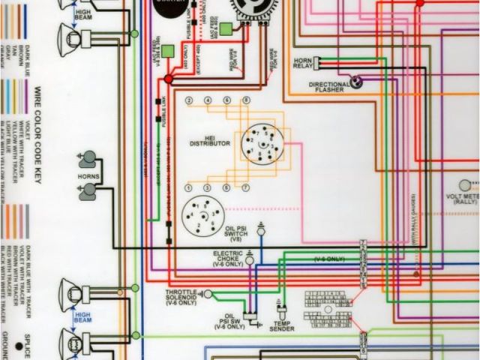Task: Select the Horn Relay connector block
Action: click(318, 63)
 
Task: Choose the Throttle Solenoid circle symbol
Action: click(208, 295)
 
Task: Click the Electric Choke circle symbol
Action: click(250, 259)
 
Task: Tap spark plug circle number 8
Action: click(245, 100)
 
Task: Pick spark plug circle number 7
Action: click(245, 186)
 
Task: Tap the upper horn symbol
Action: click(88, 158)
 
